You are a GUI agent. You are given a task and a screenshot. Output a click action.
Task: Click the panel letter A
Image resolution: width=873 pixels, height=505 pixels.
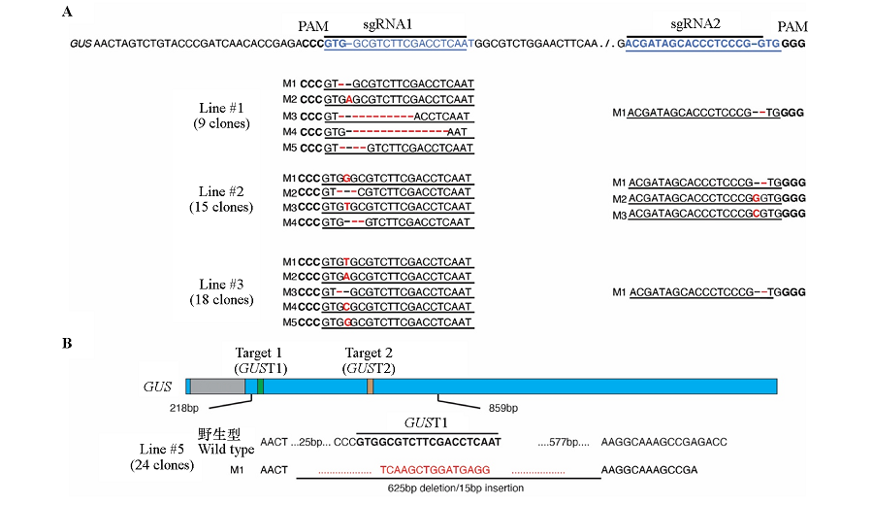(67, 11)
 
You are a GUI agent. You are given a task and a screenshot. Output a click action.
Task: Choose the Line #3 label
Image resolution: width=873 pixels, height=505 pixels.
(224, 285)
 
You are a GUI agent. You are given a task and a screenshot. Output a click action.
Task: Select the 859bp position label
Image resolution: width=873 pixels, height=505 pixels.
(502, 407)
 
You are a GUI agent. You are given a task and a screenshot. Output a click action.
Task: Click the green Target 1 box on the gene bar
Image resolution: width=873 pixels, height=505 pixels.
(260, 387)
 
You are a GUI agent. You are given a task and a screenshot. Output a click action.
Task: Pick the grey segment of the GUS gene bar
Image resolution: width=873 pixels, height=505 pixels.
(217, 387)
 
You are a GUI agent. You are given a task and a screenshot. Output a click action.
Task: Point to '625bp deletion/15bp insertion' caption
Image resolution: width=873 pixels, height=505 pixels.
(456, 488)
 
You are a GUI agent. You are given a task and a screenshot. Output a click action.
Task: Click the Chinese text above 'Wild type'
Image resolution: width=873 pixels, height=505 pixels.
(218, 433)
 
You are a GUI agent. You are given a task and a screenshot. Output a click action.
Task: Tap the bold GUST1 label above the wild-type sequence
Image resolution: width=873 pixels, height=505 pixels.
(427, 424)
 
